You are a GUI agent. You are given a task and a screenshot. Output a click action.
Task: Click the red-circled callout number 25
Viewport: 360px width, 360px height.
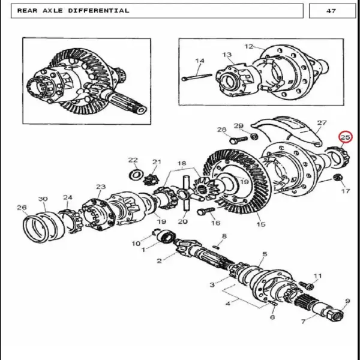(346, 137)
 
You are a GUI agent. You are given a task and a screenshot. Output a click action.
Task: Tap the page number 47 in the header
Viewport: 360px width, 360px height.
(331, 11)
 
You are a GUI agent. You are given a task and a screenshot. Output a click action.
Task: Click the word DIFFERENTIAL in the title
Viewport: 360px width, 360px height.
(99, 11)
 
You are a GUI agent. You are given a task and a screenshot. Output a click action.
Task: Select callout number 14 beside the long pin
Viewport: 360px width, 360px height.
(200, 61)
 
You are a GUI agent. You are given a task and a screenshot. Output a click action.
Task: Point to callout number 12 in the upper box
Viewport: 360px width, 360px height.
(248, 46)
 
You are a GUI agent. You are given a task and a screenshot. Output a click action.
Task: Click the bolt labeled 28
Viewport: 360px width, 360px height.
(239, 140)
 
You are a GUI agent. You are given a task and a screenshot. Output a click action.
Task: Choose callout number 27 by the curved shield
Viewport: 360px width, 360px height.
(322, 123)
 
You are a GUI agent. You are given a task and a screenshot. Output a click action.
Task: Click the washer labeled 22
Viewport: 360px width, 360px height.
(136, 176)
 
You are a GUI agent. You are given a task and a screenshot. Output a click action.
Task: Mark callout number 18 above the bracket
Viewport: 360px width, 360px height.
(182, 163)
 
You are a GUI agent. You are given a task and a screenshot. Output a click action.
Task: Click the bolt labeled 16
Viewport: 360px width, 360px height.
(206, 211)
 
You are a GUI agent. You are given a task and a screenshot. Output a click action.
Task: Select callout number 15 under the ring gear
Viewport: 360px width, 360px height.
(261, 224)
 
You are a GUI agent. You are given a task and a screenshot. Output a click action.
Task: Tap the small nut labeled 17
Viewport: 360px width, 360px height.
(338, 178)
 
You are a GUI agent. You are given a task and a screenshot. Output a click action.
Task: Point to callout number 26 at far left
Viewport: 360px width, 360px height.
(22, 208)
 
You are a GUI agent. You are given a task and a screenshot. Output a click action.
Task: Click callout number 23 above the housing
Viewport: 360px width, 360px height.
(101, 187)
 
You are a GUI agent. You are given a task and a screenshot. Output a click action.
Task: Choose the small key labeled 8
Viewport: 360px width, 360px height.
(216, 247)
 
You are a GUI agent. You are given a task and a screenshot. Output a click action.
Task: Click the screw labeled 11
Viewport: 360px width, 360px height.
(306, 286)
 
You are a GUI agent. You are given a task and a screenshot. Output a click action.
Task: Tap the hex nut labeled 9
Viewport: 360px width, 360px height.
(336, 314)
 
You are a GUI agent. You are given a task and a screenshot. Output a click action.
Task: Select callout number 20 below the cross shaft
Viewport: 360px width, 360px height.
(183, 221)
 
